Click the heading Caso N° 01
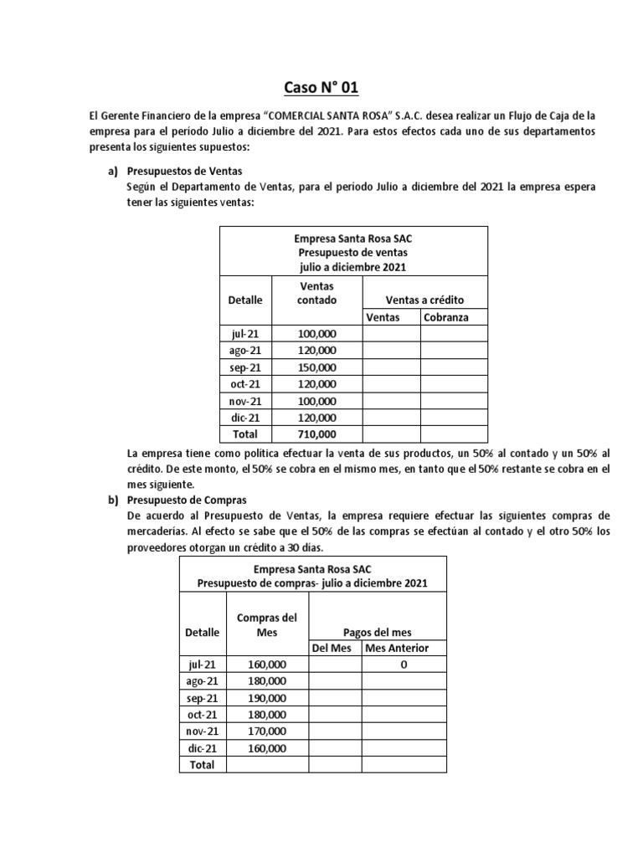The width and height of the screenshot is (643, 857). (321, 87)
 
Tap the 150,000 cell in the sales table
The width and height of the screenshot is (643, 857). (317, 367)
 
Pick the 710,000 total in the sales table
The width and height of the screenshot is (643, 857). (317, 434)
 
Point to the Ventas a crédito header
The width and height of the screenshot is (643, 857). (424, 300)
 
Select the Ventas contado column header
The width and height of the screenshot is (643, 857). (317, 293)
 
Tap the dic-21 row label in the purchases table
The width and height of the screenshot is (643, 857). (202, 748)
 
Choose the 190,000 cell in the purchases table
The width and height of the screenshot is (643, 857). (267, 698)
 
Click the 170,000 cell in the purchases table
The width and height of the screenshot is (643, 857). (267, 731)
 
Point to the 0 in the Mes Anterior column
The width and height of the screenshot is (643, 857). (404, 665)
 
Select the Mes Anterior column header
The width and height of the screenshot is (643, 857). (404, 649)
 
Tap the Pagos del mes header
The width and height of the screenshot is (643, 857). (378, 632)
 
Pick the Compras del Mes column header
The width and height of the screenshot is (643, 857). (267, 625)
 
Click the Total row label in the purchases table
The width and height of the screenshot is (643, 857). (202, 764)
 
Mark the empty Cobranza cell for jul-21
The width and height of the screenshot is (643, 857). (452, 334)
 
